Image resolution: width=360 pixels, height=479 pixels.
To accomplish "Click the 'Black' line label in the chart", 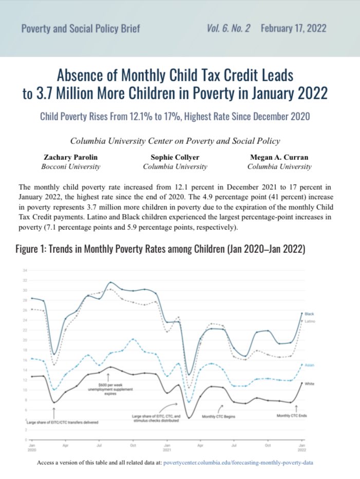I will [309, 314].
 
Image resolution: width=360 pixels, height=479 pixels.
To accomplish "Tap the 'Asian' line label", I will [309, 365].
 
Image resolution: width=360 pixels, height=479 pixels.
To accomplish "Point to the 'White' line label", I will [309, 384].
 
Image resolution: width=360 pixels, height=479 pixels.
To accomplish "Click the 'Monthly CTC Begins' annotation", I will [218, 416].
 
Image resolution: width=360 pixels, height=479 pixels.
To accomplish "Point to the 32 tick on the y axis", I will [24, 280].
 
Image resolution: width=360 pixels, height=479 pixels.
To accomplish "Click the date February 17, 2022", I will [293, 28].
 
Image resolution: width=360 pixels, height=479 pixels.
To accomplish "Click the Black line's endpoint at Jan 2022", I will [301, 313].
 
